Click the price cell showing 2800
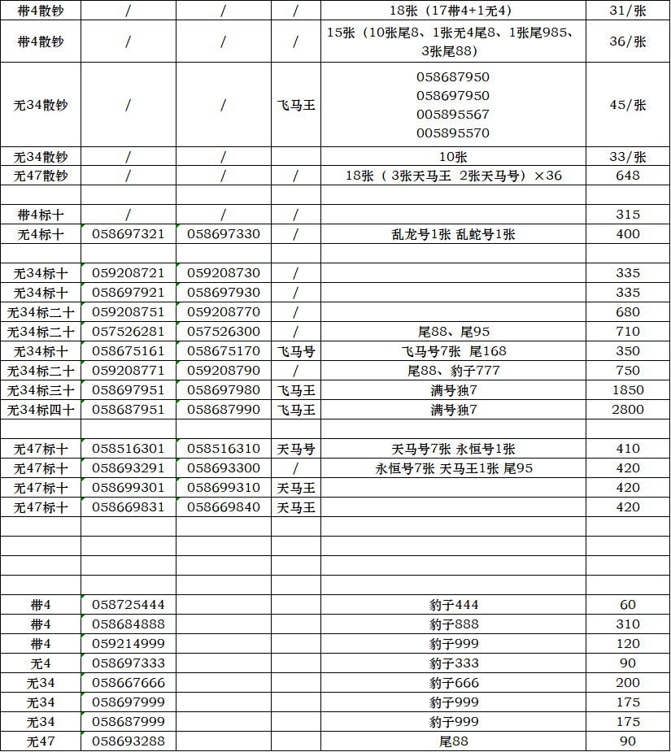627,410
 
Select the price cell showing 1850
627,390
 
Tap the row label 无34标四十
41,410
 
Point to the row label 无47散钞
41,176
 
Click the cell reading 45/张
627,105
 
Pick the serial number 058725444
129,605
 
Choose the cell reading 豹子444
454,605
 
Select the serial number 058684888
129,624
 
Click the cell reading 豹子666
454,683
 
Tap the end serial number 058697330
224,234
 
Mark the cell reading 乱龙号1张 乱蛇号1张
453,234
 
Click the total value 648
627,176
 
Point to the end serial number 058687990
224,410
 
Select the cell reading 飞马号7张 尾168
453,351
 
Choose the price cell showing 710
627,332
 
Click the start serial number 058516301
129,449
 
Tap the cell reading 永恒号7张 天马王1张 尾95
453,468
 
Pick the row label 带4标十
41,215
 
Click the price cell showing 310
627,624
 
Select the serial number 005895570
453,133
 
